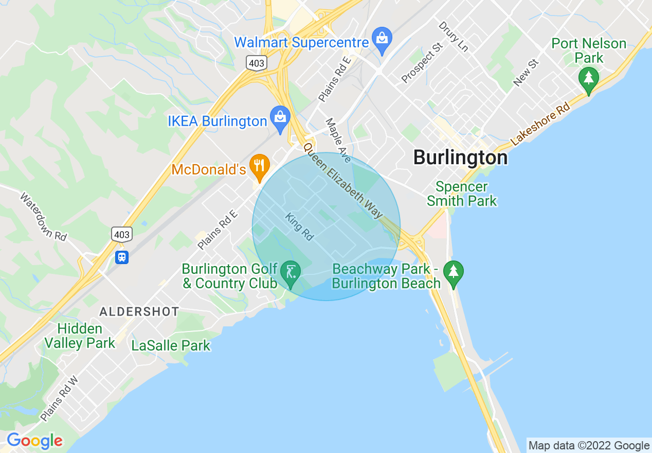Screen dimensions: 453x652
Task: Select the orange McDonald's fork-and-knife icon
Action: (x=260, y=165)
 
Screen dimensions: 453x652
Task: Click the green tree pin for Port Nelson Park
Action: (x=589, y=79)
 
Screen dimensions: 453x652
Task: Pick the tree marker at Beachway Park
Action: (x=453, y=272)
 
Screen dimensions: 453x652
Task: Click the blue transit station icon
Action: (x=122, y=257)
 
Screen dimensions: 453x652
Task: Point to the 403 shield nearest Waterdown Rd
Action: (x=122, y=235)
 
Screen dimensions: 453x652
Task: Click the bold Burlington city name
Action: (x=460, y=158)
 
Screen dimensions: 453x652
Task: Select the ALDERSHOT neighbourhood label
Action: (x=139, y=311)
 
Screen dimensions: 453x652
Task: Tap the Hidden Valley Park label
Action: (x=80, y=336)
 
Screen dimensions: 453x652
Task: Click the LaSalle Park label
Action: (x=171, y=345)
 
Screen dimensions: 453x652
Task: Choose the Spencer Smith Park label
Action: (x=462, y=194)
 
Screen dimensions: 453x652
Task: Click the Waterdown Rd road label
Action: (x=44, y=216)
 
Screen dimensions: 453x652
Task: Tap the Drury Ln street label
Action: (x=453, y=37)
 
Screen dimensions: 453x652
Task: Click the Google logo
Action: (x=34, y=441)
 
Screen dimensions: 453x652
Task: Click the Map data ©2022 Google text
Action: (x=589, y=445)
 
